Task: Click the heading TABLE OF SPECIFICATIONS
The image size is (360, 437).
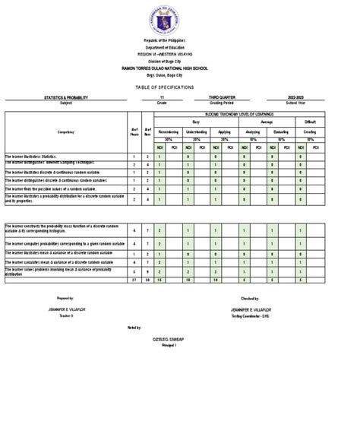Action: coord(181,87)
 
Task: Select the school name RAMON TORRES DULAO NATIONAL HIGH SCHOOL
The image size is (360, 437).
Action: coord(181,69)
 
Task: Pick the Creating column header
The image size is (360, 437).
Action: coord(310,131)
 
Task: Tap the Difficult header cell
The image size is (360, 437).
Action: coord(310,120)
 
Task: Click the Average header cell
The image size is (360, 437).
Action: coord(267,120)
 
